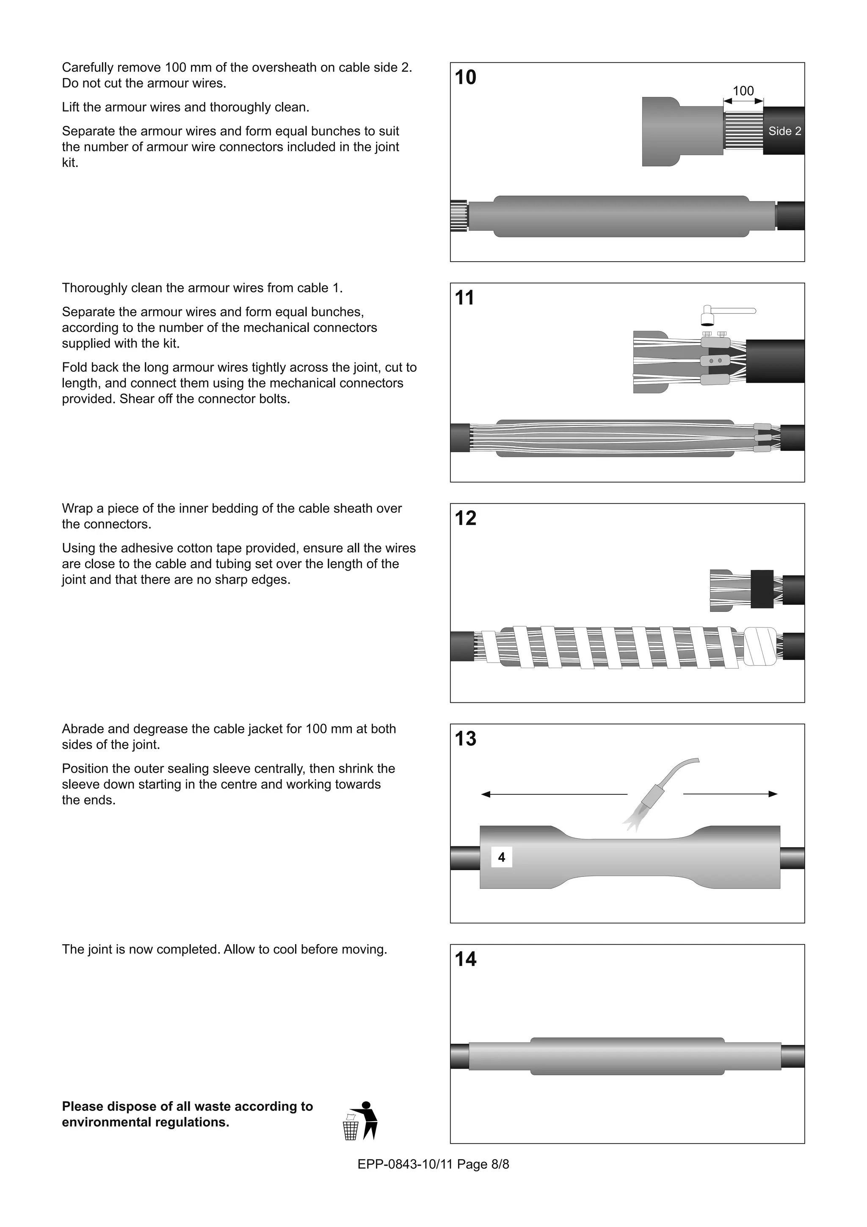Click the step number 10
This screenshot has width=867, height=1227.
click(465, 77)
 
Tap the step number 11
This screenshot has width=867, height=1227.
click(464, 298)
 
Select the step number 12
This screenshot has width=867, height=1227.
click(465, 518)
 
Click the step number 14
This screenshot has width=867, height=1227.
click(465, 959)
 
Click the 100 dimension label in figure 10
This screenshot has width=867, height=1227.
click(743, 91)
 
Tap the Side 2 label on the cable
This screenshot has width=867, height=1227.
click(784, 131)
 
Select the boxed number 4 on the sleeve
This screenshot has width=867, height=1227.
click(501, 858)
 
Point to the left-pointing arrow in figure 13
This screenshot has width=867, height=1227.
click(553, 795)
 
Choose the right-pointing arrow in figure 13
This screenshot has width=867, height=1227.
click(730, 794)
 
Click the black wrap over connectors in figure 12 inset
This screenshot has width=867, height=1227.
click(762, 589)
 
